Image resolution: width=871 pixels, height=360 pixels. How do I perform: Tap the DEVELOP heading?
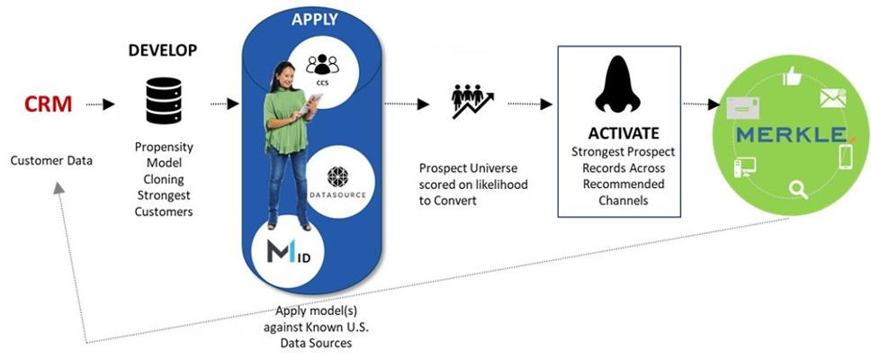pos(162,49)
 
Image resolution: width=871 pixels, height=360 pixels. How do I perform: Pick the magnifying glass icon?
pos(798,188)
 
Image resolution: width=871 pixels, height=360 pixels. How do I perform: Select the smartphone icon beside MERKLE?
pos(845,157)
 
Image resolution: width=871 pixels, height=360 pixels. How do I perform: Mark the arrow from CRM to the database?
pos(100,104)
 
